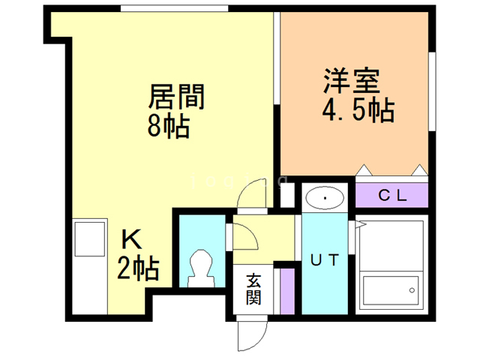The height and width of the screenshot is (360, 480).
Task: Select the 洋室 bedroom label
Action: click(351, 80)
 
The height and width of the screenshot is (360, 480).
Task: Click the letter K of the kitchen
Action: click(133, 241)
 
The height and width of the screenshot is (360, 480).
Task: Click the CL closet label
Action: click(391, 196)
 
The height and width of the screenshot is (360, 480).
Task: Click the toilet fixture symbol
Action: click(202, 265)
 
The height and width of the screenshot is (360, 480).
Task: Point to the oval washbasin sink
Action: click(324, 197)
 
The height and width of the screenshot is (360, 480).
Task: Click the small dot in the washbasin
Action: click(324, 197)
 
